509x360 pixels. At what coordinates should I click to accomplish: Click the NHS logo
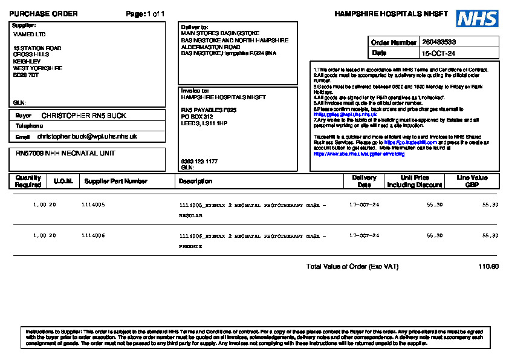point(477,18)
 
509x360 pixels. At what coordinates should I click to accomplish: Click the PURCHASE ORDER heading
point(44,14)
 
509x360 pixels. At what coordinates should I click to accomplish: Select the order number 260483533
point(439,42)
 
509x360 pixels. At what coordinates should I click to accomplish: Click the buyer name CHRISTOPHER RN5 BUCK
point(84,116)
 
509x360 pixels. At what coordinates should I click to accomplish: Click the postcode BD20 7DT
point(26,75)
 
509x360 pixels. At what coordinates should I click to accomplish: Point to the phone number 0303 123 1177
point(199,162)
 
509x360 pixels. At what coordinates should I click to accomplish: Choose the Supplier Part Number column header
point(116,182)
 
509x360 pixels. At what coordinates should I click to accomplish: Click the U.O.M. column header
point(63,182)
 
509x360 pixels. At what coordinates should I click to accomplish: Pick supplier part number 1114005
point(93,205)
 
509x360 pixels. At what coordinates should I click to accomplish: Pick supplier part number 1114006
point(93,235)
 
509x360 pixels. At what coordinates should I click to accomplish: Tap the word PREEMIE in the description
point(190,247)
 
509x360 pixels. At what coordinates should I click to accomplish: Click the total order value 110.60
point(488,267)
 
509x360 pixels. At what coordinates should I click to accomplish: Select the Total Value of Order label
point(352,267)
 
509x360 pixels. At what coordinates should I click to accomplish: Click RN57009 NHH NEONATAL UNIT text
point(65,154)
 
